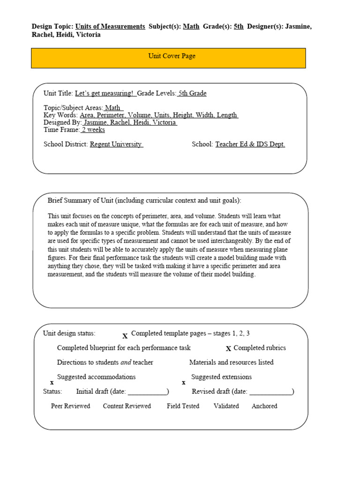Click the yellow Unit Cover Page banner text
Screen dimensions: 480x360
(x=172, y=56)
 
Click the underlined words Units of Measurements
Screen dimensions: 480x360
(x=110, y=27)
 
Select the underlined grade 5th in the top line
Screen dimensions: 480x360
(x=239, y=27)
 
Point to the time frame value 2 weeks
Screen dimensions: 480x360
(x=93, y=130)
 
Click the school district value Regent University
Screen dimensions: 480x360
(x=116, y=144)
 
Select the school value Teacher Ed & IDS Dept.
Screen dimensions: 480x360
(x=250, y=144)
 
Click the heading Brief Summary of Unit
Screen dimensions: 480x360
(x=144, y=201)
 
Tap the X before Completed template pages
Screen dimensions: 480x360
(x=125, y=336)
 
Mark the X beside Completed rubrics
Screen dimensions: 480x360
(x=228, y=349)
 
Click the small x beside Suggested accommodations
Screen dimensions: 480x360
(x=52, y=383)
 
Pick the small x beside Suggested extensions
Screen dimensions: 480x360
(x=183, y=383)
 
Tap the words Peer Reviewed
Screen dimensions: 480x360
(x=70, y=406)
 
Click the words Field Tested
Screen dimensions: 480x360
(x=183, y=406)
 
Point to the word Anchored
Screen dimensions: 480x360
(x=264, y=406)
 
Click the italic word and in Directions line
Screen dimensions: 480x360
(x=126, y=362)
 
